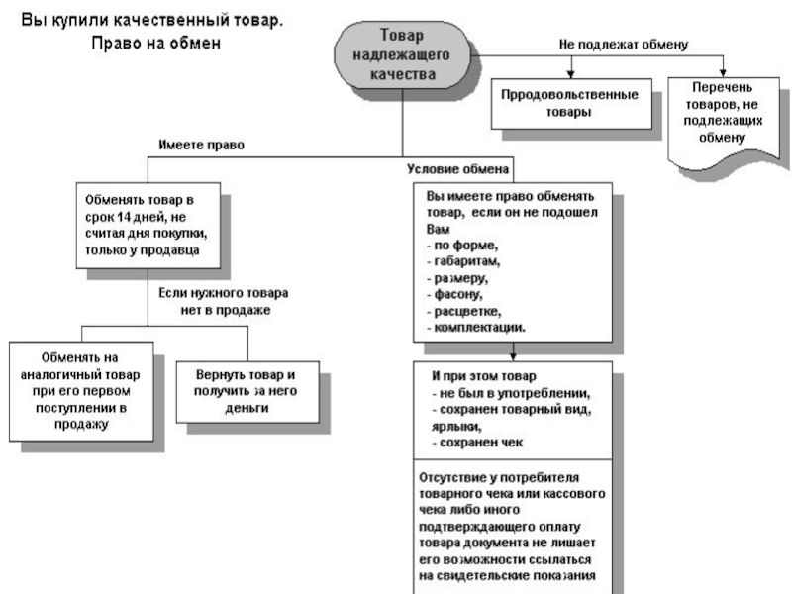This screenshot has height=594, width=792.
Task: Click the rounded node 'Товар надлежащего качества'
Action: (402, 54)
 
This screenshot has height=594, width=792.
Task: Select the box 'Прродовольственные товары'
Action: (571, 104)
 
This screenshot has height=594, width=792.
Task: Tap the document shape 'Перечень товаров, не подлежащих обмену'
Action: (724, 121)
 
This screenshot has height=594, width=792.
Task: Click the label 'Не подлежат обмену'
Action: (624, 45)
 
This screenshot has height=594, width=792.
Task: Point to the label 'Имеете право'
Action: (202, 145)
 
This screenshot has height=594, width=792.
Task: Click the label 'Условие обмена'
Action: (457, 169)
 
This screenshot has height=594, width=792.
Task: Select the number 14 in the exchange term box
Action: (125, 217)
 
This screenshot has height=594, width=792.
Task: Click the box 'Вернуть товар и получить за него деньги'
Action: (247, 392)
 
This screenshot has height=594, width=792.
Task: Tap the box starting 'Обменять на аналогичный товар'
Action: (81, 391)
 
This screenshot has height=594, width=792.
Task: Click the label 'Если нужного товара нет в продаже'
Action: (224, 302)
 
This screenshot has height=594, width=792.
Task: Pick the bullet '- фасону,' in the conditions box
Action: (454, 294)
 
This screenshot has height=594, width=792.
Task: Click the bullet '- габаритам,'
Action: (463, 261)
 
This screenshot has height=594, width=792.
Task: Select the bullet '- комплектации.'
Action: (476, 328)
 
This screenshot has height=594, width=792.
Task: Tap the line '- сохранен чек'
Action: (477, 443)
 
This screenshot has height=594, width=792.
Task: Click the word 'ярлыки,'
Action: (456, 427)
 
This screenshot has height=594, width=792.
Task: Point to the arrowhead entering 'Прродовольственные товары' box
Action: (571, 73)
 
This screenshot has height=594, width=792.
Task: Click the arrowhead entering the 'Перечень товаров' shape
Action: (723, 72)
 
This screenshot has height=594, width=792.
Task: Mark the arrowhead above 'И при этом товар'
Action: (513, 356)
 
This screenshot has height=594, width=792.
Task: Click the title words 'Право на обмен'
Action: (156, 43)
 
